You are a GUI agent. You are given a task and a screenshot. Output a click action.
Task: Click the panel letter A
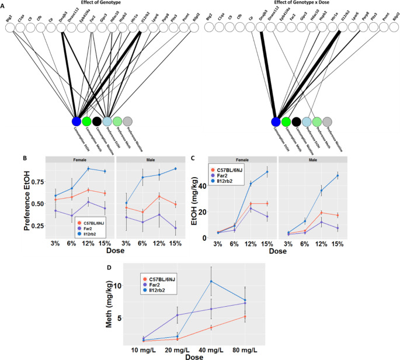point(4,5)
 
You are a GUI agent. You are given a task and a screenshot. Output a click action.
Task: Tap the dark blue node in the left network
point(76,122)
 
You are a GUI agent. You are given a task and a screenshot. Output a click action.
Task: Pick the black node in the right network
point(297,122)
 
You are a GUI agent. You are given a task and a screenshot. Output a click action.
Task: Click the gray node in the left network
point(128,122)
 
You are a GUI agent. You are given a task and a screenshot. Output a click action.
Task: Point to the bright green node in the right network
point(286,122)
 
